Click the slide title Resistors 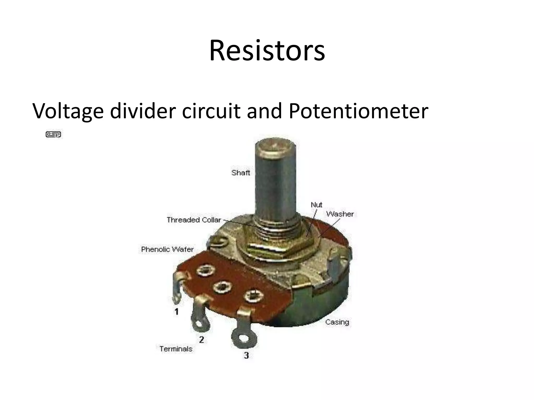[267, 50]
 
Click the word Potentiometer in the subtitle [358, 111]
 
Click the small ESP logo [53, 134]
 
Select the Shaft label [240, 173]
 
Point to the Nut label [316, 205]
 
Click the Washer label [340, 214]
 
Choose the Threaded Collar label [194, 220]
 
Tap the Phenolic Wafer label [167, 249]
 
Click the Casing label [337, 322]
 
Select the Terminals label [176, 349]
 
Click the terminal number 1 [177, 311]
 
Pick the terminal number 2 [201, 340]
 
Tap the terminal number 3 [246, 355]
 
